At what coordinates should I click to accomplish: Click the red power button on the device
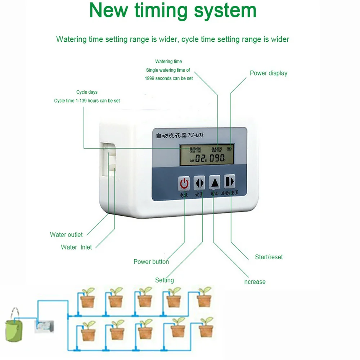pos(184,183)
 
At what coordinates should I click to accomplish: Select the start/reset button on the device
pos(230,182)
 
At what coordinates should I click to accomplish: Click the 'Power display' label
pos(269,73)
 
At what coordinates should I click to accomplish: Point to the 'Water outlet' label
pos(66,235)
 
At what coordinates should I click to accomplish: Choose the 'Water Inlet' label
pos(76,247)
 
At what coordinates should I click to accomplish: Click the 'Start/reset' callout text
pos(269,257)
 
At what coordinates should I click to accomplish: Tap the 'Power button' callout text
pos(151,262)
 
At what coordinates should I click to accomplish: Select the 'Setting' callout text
pos(165,280)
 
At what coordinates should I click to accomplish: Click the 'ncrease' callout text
pos(255,282)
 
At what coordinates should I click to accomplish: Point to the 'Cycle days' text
pos(87,92)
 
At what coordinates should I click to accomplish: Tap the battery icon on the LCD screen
pos(229,148)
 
